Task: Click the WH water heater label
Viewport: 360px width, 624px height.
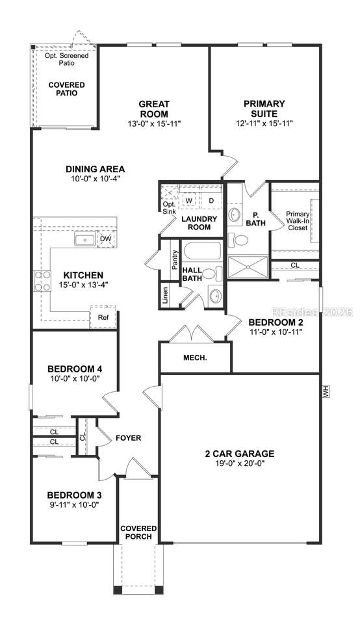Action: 327,391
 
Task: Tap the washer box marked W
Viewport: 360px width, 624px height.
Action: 189,201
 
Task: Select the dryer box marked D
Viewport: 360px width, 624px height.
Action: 211,201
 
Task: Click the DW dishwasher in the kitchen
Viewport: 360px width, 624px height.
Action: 105,239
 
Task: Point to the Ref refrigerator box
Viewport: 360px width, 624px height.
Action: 103,317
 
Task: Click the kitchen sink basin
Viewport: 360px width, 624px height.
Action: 84,240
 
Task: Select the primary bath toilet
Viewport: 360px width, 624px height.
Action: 238,240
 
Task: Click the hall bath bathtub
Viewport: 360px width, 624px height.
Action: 201,251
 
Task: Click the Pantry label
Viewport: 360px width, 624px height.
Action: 175,260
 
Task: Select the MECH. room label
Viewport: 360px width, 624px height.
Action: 195,357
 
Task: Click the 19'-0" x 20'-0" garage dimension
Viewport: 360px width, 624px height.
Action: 240,463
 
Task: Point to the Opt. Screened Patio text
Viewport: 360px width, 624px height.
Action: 66,59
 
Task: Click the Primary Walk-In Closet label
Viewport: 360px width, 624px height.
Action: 298,221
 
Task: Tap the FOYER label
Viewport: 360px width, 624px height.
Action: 128,438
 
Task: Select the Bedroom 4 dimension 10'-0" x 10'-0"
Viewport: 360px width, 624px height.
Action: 74,378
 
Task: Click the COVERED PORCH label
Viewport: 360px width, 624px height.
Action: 138,532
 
